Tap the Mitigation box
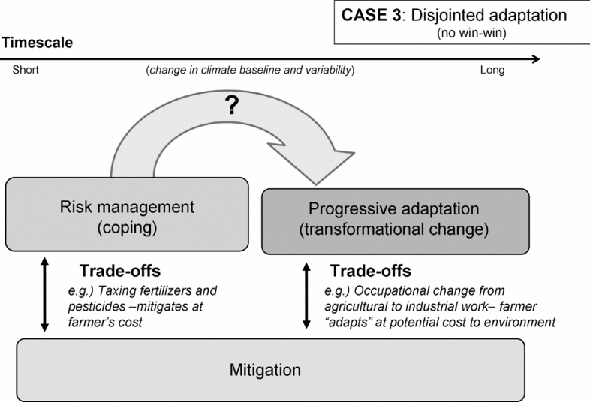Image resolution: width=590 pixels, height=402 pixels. point(271,370)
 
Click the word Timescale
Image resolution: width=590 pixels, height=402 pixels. point(37,43)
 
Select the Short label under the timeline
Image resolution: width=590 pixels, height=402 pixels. point(25,70)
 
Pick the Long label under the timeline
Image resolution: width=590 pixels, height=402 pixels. point(492,70)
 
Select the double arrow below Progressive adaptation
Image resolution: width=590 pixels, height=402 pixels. point(306,295)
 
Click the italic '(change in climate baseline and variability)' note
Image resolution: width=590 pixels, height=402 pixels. point(250,70)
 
